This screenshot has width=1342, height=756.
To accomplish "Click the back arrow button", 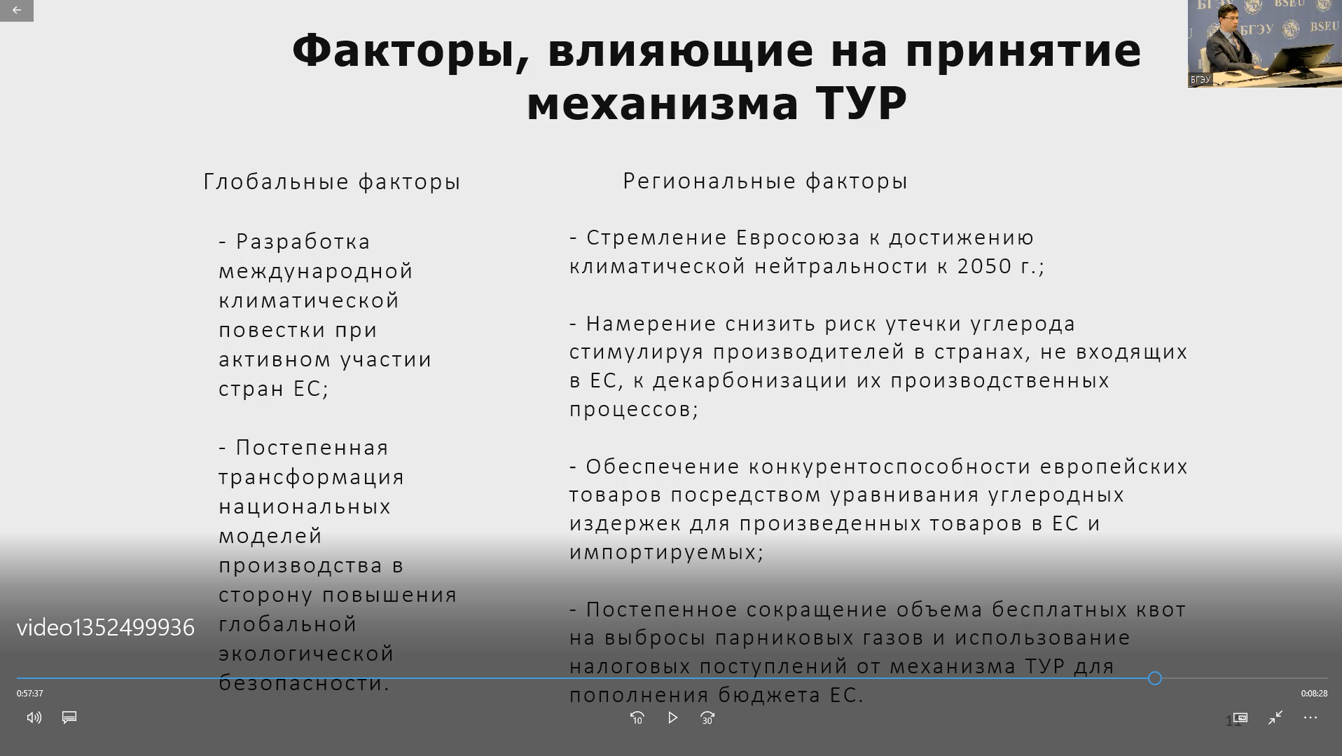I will click(x=17, y=10).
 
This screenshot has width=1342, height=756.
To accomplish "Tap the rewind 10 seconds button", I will click(x=637, y=718).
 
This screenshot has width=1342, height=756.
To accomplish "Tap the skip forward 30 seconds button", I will click(x=707, y=718).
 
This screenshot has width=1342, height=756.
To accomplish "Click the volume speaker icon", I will click(x=34, y=717).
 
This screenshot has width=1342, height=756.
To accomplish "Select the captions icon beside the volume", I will click(x=69, y=717).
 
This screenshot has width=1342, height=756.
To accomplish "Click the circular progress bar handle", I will click(x=1155, y=678).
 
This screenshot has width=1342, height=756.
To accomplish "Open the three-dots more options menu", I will click(x=1310, y=717).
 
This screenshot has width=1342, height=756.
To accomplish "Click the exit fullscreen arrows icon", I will click(x=1275, y=717).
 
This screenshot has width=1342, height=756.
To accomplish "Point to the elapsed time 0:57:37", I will click(x=30, y=694).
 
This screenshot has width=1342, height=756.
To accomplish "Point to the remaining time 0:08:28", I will click(x=1314, y=694).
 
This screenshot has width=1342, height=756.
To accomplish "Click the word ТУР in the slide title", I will click(x=862, y=104).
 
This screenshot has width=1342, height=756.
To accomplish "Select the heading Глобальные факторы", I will click(x=332, y=182).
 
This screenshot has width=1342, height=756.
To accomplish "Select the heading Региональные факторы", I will click(x=765, y=181).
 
